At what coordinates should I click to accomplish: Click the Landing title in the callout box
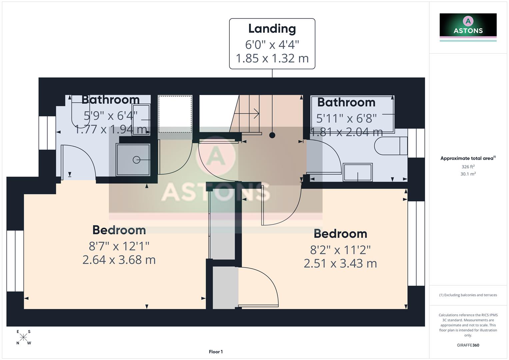[x=272, y=29]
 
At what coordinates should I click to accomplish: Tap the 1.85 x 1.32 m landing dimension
[x=272, y=58]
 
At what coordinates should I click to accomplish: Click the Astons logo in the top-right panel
[x=468, y=25]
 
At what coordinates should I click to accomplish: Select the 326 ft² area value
[x=468, y=167]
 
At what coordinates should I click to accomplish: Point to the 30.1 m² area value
[x=468, y=174]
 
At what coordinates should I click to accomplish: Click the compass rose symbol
[x=23, y=337]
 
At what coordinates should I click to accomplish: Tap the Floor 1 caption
[x=216, y=352]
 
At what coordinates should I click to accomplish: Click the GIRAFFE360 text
[x=468, y=345]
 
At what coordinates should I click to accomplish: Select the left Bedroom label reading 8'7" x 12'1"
[x=119, y=246]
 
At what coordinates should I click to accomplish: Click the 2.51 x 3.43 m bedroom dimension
[x=340, y=264]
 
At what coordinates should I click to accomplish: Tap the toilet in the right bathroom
[x=390, y=146]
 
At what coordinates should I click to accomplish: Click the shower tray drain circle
[x=136, y=160]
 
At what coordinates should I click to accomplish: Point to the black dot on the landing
[x=272, y=135]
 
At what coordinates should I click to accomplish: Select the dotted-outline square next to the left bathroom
[x=175, y=114]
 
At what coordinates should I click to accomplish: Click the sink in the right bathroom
[x=358, y=172]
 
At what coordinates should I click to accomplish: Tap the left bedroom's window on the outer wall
[x=15, y=261]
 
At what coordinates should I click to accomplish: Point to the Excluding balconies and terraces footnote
[x=468, y=295]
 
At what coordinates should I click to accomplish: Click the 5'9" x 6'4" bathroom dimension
[x=110, y=116]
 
